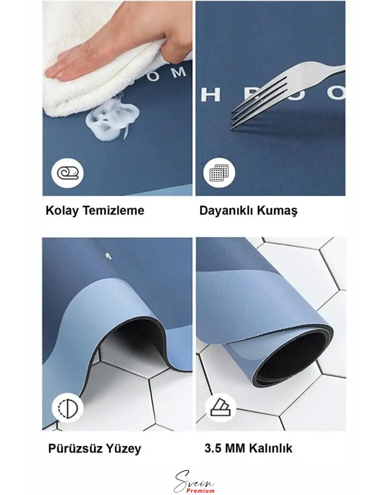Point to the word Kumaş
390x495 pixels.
coord(278,211)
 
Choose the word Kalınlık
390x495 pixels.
coord(271,448)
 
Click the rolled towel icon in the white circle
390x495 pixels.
coord(67,173)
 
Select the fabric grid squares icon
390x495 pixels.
coord(219,173)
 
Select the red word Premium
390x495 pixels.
coord(201,490)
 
